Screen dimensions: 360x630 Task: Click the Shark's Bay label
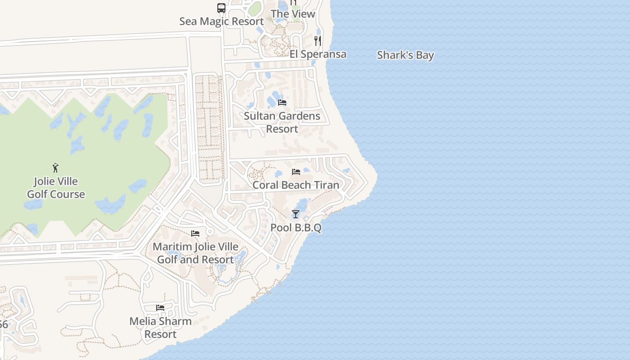pyautogui.click(x=405, y=55)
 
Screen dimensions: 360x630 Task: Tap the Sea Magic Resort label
pyautogui.click(x=221, y=21)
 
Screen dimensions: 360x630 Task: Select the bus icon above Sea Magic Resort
pyautogui.click(x=221, y=8)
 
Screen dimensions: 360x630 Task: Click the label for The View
pyautogui.click(x=293, y=14)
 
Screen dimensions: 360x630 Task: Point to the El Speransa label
pyautogui.click(x=318, y=54)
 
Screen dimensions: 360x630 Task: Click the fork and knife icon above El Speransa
pyautogui.click(x=318, y=41)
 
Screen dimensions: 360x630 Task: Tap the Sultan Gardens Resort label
pyautogui.click(x=282, y=122)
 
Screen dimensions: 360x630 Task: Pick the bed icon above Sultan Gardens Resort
pyautogui.click(x=282, y=103)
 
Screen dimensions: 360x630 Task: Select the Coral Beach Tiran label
pyautogui.click(x=296, y=185)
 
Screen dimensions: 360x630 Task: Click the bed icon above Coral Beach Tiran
pyautogui.click(x=296, y=172)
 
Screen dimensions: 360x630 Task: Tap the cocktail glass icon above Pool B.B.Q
pyautogui.click(x=296, y=214)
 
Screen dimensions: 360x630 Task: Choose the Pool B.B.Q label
pyautogui.click(x=296, y=228)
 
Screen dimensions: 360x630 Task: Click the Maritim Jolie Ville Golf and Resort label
pyautogui.click(x=195, y=253)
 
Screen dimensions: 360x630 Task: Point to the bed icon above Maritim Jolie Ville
pyautogui.click(x=195, y=234)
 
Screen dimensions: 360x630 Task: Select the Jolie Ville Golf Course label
pyautogui.click(x=56, y=188)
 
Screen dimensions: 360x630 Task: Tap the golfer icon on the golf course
pyautogui.click(x=55, y=168)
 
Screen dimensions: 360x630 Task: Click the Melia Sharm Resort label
pyautogui.click(x=161, y=328)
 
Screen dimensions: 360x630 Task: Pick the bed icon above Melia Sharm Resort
pyautogui.click(x=160, y=308)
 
